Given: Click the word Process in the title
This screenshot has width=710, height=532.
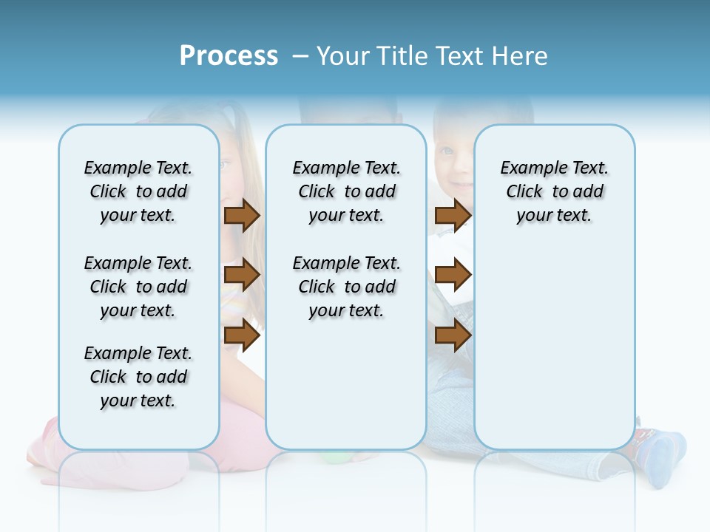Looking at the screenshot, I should point(229,56).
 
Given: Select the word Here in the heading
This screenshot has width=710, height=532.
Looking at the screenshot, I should point(518,56).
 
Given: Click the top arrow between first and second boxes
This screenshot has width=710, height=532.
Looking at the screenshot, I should point(242,215).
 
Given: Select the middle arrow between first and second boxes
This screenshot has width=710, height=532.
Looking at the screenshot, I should point(242,275).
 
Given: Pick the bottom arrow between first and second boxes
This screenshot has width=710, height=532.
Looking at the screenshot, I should point(242,335).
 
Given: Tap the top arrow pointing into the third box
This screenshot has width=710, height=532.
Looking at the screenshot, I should point(453,215).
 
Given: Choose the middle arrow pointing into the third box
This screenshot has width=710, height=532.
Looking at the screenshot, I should point(453,275).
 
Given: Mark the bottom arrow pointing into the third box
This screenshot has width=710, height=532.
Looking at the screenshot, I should point(453,335).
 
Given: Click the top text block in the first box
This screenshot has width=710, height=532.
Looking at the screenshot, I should point(138,191).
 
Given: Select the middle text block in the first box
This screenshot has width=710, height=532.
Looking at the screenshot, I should point(138,287).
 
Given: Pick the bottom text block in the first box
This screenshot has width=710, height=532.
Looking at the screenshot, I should point(138,377).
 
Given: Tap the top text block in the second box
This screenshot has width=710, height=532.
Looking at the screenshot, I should point(346,191).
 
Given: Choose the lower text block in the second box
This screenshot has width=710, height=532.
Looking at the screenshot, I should point(346,287).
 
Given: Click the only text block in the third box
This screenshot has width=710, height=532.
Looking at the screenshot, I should point(554,191).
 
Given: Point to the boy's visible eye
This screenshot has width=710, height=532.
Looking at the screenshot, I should point(446,151).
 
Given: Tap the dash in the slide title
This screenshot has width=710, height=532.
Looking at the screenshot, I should point(300,57).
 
